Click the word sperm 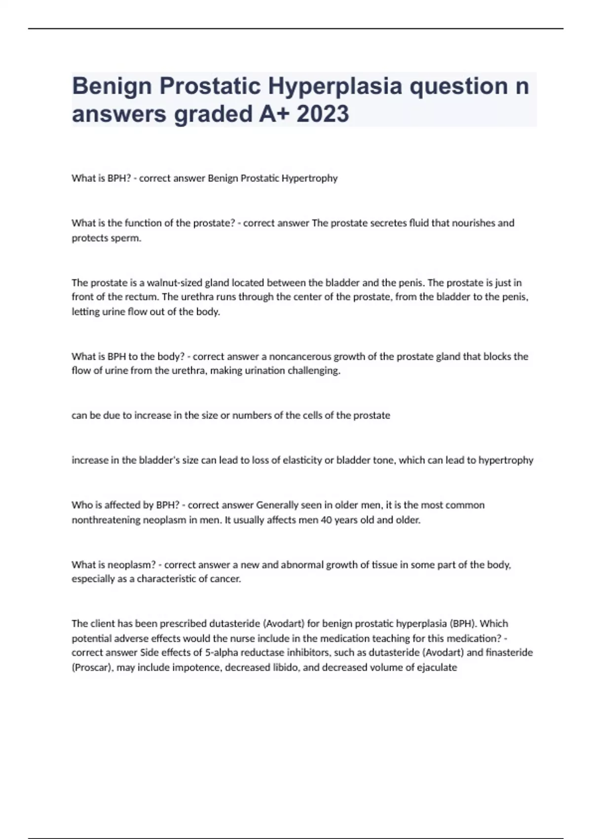[x=128, y=238]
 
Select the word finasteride [x=510, y=652]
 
